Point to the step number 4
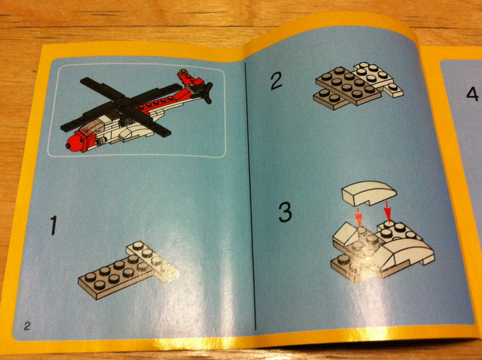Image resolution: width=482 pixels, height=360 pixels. pyautogui.click(x=472, y=94)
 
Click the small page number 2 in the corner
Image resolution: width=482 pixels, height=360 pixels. pyautogui.click(x=27, y=326)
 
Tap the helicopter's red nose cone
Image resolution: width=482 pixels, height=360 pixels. pyautogui.click(x=73, y=143)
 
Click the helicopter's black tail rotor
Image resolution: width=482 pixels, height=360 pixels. pyautogui.click(x=207, y=92)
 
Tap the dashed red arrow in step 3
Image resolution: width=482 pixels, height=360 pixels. pyautogui.click(x=358, y=217)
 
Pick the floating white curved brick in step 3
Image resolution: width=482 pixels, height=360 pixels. pyautogui.click(x=369, y=193)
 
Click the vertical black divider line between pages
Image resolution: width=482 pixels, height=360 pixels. pyautogui.click(x=250, y=197)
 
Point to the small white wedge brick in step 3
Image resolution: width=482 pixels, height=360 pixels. pyautogui.click(x=346, y=234)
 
